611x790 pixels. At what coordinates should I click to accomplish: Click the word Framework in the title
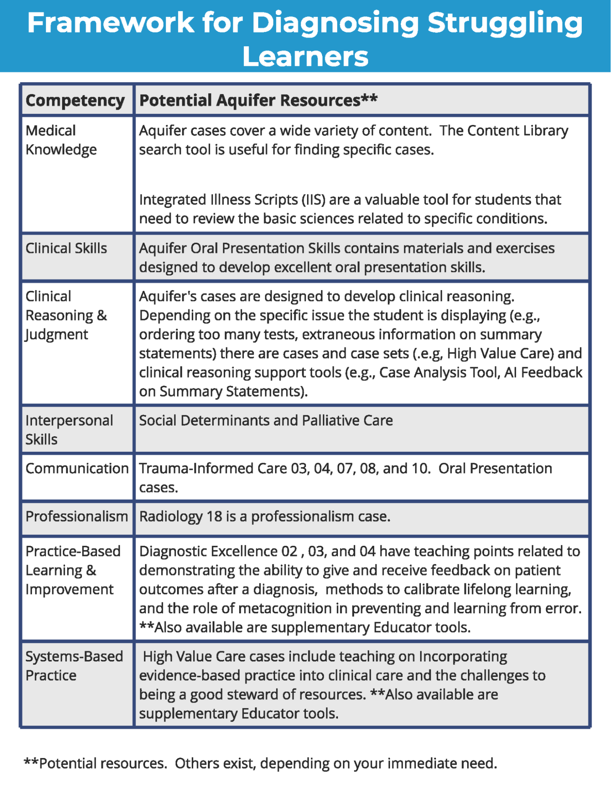click(x=111, y=23)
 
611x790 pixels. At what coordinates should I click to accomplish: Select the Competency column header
click(x=75, y=100)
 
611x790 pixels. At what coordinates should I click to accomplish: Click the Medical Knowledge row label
click(x=61, y=140)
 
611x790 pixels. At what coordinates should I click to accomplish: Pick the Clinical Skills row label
click(x=66, y=248)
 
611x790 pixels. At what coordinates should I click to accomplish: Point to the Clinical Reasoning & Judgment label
click(x=66, y=315)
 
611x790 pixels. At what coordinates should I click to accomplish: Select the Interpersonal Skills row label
click(x=69, y=430)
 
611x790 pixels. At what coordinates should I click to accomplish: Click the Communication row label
click(x=77, y=468)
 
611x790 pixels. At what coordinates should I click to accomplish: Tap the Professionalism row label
click(x=77, y=517)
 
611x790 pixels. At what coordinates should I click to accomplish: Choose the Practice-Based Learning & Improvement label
click(x=73, y=570)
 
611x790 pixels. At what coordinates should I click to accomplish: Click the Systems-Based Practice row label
click(x=74, y=666)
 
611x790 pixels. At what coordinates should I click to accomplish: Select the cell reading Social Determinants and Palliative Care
click(x=266, y=420)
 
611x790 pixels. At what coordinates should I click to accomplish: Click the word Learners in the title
click(x=305, y=57)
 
